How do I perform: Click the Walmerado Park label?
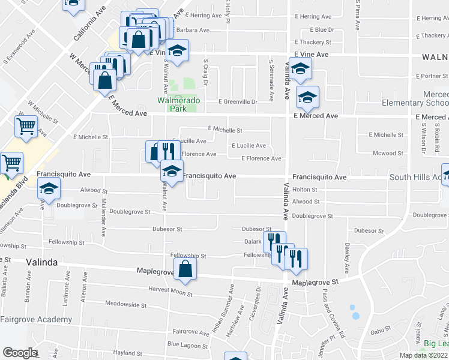179,104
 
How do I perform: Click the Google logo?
20,353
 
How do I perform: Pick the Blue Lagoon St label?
186,344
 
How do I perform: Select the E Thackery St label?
313,43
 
